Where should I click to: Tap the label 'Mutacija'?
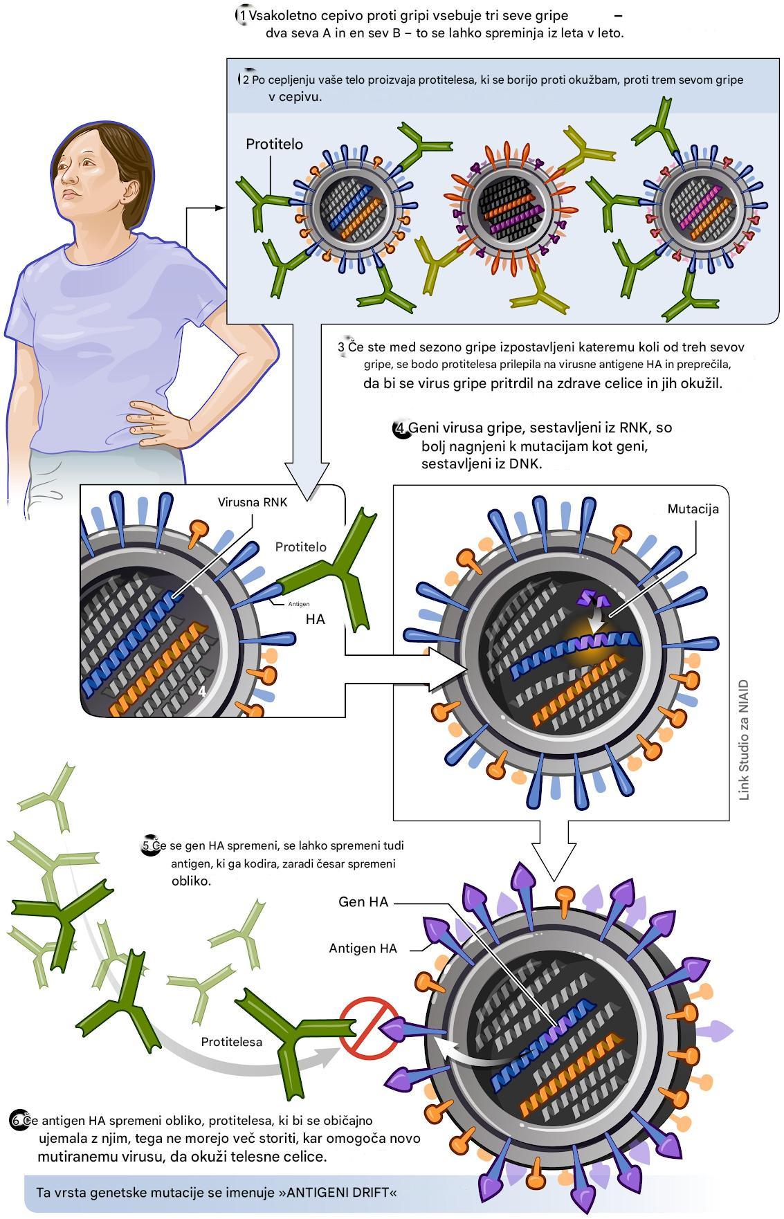click(693, 508)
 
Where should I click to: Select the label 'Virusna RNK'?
click(253, 502)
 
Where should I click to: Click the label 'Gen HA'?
click(363, 901)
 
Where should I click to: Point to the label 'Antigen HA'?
click(363, 948)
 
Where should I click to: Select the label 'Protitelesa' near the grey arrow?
click(232, 1041)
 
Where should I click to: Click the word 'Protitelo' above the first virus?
click(274, 145)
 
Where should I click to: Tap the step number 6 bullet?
click(17, 1119)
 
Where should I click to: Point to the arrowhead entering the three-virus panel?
click(221, 208)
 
